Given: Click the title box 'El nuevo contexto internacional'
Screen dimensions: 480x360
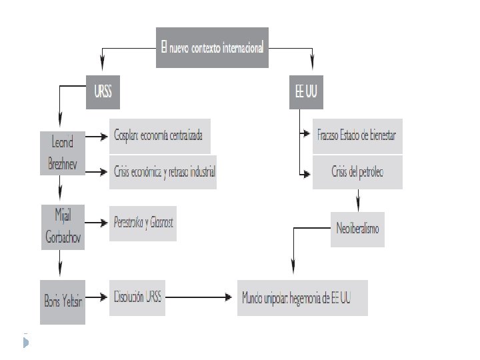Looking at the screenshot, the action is click(212, 47).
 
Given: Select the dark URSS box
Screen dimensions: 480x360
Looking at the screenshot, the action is click(103, 95).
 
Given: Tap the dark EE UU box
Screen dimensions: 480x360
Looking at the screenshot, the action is click(306, 95).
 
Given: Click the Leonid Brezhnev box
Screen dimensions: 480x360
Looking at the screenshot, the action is click(63, 153).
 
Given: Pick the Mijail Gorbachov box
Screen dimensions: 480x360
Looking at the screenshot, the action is click(63, 227).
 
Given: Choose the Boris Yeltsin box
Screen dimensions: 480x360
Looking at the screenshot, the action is click(63, 302).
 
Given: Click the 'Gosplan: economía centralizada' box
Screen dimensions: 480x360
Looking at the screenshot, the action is click(160, 136).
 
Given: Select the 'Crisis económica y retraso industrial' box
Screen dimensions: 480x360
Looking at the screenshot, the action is click(163, 172).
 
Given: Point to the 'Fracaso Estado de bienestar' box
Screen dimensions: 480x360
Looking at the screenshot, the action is click(357, 135).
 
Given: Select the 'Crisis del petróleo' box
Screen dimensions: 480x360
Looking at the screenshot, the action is click(357, 173).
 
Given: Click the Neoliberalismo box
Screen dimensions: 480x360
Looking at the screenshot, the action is click(357, 228).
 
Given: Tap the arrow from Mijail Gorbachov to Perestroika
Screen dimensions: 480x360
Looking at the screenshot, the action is click(97, 223).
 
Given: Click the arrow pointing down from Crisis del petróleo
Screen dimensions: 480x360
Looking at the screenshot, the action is click(358, 199).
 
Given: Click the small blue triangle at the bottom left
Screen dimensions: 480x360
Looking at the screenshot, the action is click(26, 343).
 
